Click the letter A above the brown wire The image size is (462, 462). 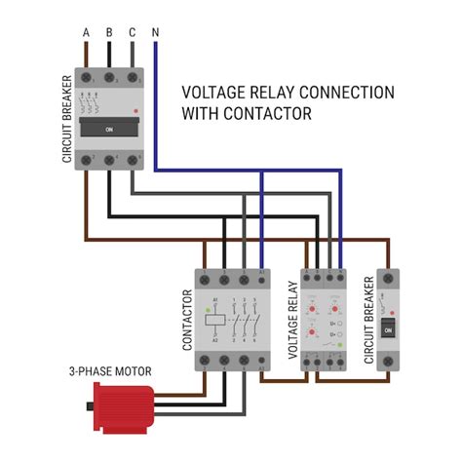(86, 32)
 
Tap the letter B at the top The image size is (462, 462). (109, 32)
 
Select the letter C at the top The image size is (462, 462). (133, 32)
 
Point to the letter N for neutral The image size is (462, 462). (156, 32)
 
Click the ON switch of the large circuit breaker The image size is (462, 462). (108, 128)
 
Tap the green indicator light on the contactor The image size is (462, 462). (208, 310)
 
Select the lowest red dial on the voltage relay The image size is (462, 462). (311, 334)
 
